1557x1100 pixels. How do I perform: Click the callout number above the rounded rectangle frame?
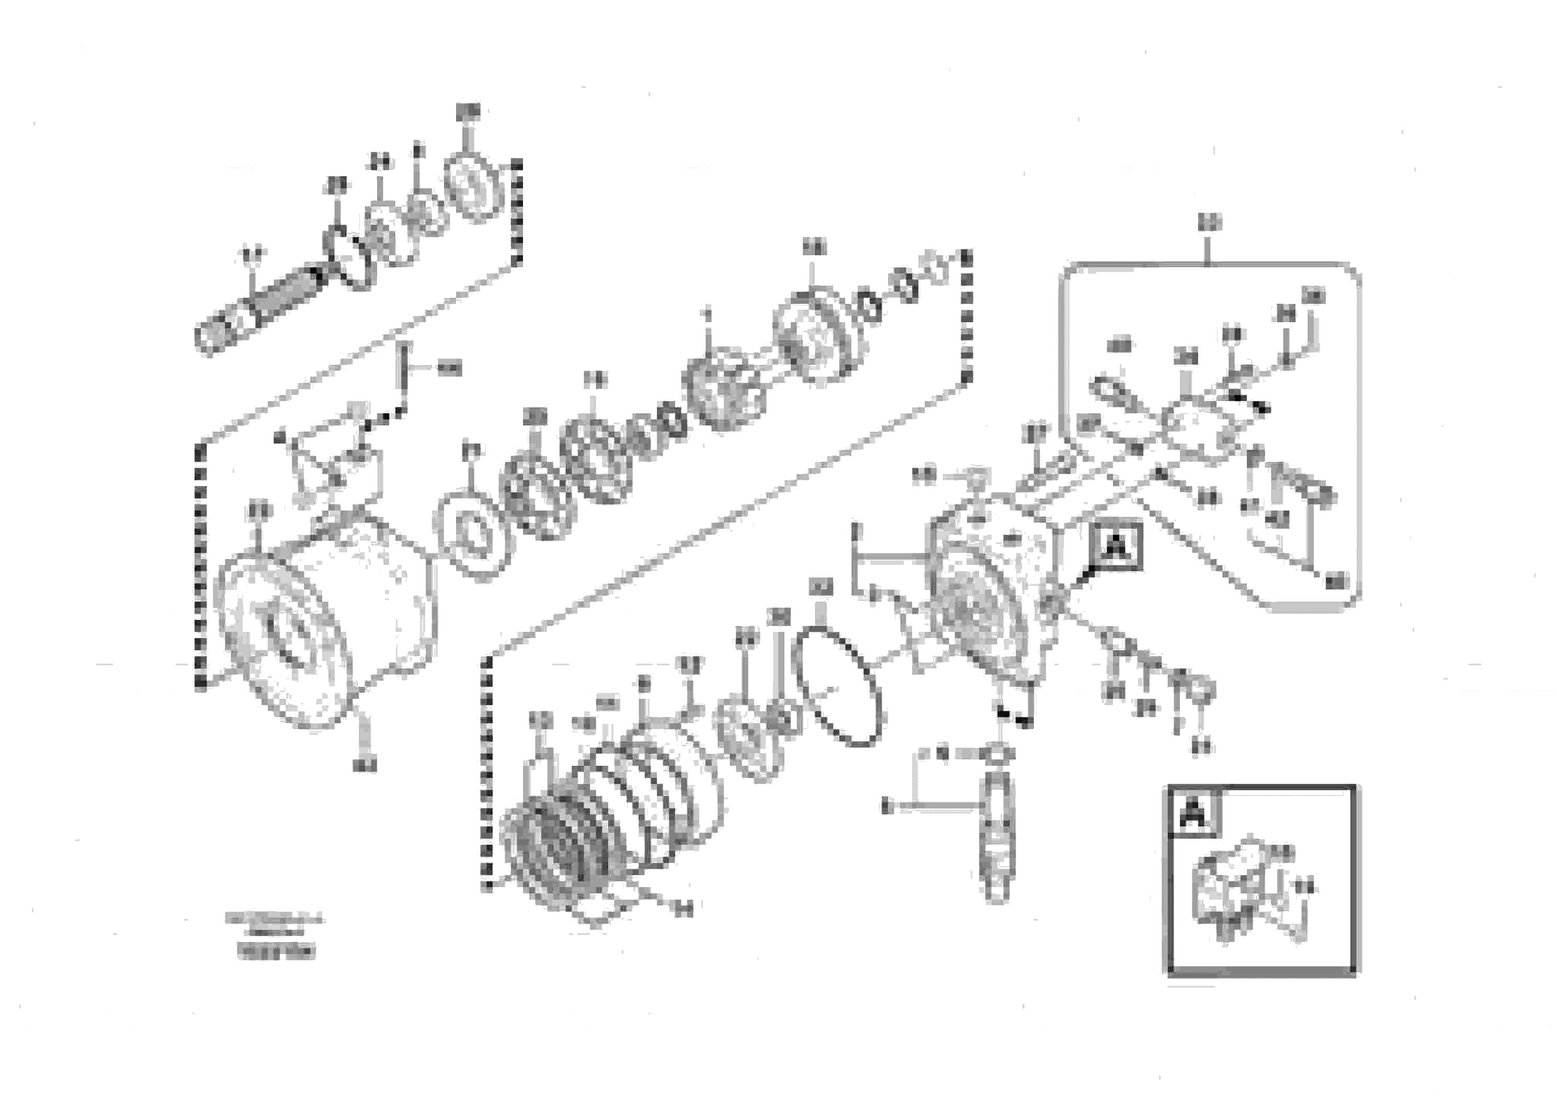(x=1209, y=222)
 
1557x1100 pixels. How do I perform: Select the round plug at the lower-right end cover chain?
(x=1201, y=691)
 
